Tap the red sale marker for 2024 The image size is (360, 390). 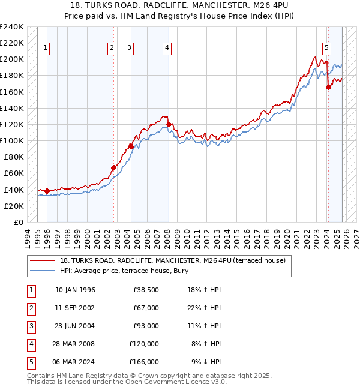[328, 87]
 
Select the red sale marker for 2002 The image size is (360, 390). [113, 167]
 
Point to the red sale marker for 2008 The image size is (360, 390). [169, 124]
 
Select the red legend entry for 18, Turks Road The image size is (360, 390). [176, 260]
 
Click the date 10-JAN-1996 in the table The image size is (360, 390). [75, 290]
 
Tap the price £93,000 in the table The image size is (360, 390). [146, 326]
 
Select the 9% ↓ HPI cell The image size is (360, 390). [206, 362]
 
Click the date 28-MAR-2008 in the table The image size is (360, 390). [75, 344]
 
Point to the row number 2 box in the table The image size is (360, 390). [31, 308]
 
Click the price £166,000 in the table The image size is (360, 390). [144, 362]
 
